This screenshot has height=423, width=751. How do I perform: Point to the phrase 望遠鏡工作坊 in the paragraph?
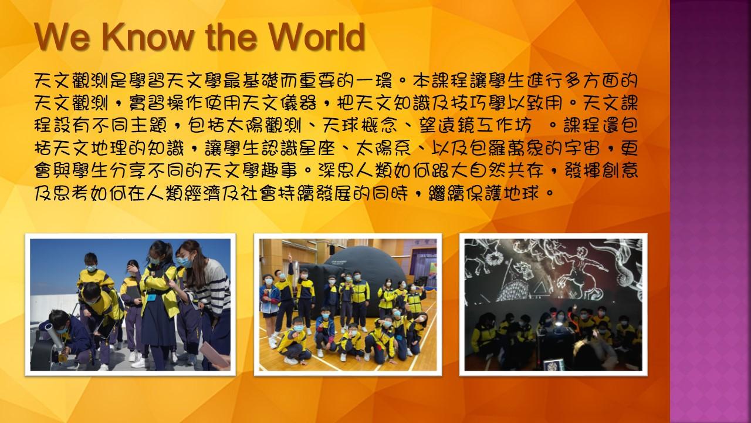tap(475, 126)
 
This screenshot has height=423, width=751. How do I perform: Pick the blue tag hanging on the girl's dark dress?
tap(152, 297)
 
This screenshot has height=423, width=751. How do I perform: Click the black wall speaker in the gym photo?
tap(331, 250)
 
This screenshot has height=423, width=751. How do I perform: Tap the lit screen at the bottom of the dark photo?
tap(553, 365)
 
